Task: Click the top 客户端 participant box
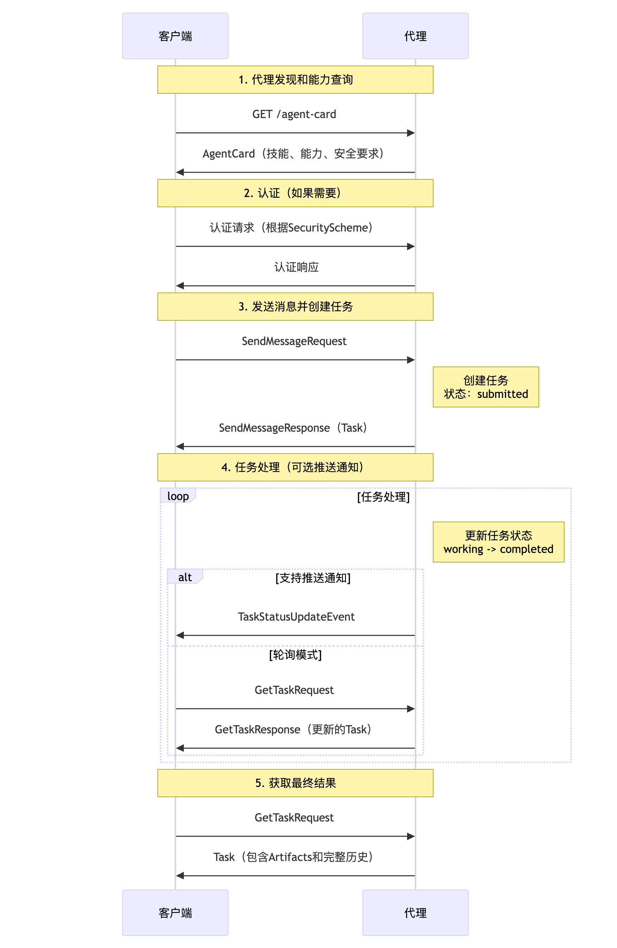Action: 175,36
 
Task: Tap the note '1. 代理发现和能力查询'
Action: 295,80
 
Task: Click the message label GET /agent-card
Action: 294,114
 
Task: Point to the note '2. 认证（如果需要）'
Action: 295,193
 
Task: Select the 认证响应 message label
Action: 296,267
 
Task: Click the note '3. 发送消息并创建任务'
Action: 295,306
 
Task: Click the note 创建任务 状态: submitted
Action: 486,387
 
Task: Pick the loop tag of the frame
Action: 178,496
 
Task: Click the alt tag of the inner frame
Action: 185,577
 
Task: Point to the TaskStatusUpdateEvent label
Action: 296,617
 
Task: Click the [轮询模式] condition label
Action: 295,654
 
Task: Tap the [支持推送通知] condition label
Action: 313,578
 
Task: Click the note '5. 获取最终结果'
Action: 295,783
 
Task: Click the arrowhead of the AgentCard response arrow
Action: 180,172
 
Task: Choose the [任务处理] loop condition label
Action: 383,497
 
